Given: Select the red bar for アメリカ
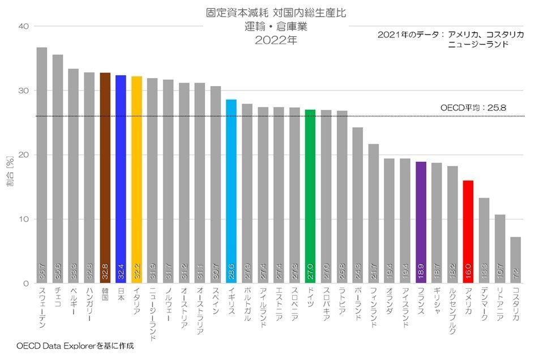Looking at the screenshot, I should [468, 232].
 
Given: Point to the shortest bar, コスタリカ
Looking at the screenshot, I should [515, 260].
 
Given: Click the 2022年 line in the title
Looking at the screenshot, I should [276, 40].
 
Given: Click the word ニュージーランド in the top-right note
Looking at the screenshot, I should [477, 44].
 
